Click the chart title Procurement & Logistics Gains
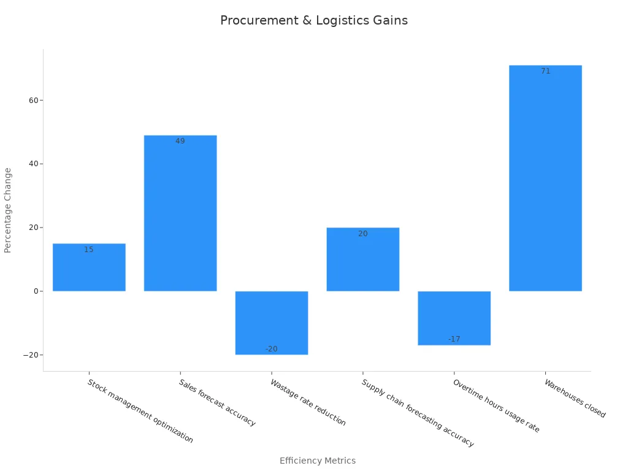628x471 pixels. click(x=313, y=20)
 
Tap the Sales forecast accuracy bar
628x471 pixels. click(x=180, y=215)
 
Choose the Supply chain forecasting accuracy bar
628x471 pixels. click(x=363, y=261)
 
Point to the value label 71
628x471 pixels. click(x=545, y=71)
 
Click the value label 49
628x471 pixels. click(x=180, y=141)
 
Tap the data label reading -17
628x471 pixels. click(x=454, y=339)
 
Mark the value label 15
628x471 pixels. click(x=89, y=250)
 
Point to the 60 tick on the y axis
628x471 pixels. click(x=32, y=101)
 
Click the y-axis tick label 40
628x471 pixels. click(x=32, y=164)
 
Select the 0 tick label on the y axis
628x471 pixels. click(x=34, y=291)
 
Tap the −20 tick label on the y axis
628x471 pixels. click(x=29, y=355)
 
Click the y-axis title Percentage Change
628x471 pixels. click(x=8, y=210)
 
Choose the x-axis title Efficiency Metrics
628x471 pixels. click(x=317, y=461)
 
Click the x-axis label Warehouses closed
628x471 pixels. click(x=575, y=399)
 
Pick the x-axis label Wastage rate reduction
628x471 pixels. click(x=308, y=402)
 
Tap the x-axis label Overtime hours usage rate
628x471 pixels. click(x=496, y=406)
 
